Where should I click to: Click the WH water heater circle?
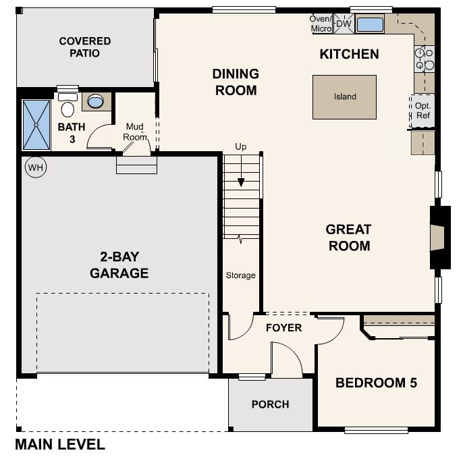(x=34, y=167)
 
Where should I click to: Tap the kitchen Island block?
(x=344, y=97)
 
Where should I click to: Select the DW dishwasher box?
(x=344, y=24)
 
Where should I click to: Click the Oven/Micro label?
(x=321, y=24)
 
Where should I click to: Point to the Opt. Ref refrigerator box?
(x=423, y=111)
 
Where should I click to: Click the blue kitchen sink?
(x=369, y=25)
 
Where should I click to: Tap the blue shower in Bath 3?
(x=36, y=124)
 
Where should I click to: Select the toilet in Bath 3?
(x=67, y=107)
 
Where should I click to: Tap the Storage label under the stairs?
(x=240, y=275)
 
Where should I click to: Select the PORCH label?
(x=270, y=404)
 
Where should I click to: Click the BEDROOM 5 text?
(x=376, y=383)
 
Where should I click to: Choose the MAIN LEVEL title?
(x=60, y=445)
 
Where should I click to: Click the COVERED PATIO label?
(x=85, y=47)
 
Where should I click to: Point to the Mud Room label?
(x=135, y=132)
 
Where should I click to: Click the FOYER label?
(x=283, y=328)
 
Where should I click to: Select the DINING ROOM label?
(x=236, y=82)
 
